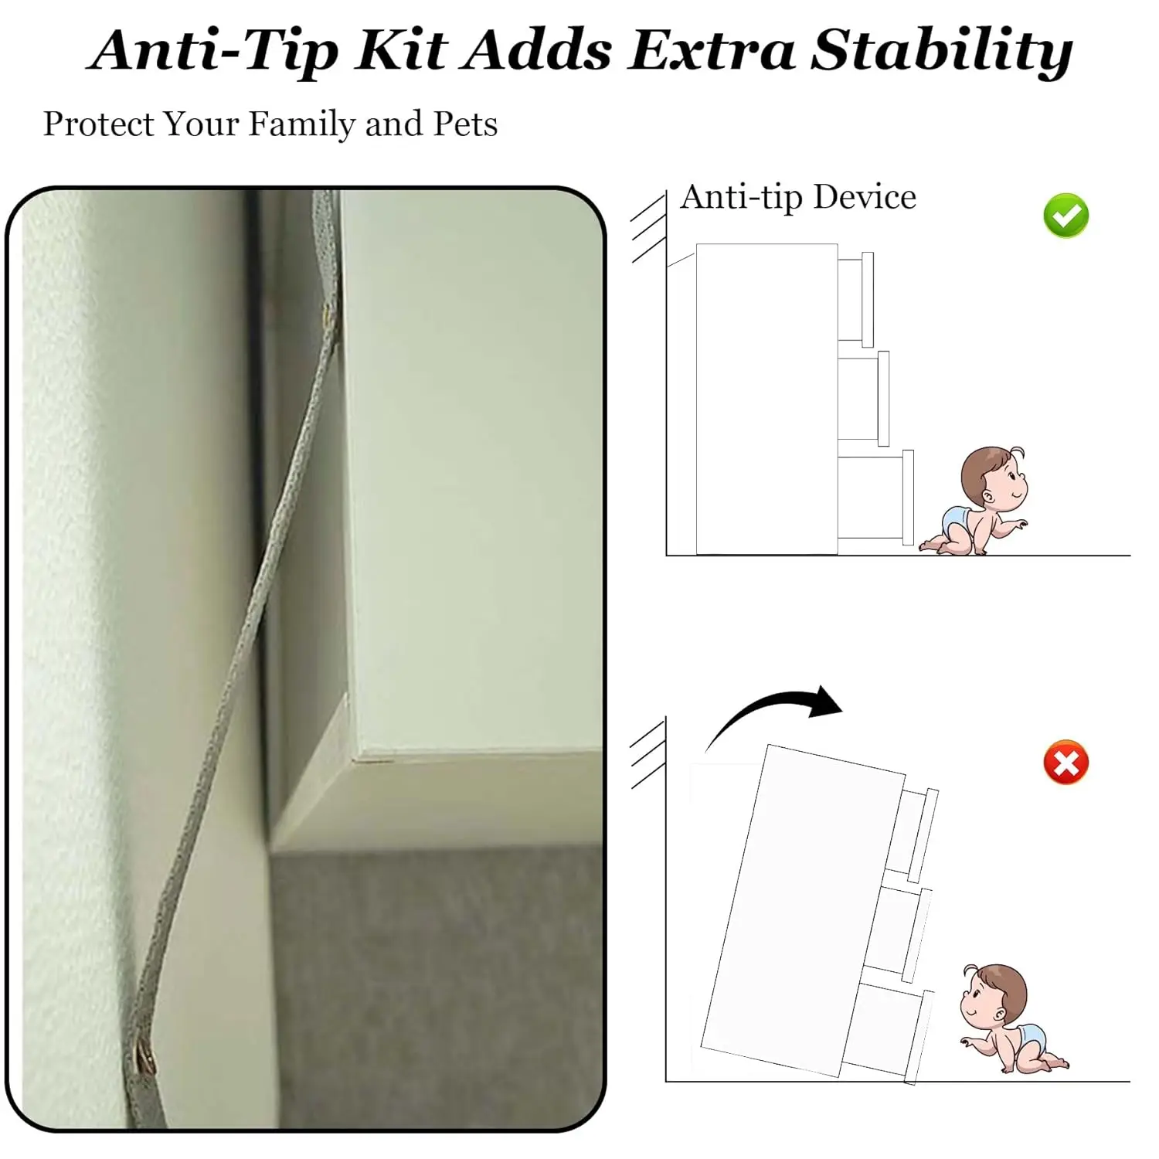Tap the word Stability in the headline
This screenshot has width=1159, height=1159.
pyautogui.click(x=942, y=52)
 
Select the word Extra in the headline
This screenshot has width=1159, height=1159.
pyautogui.click(x=712, y=52)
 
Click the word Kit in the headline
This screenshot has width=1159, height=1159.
pyautogui.click(x=402, y=52)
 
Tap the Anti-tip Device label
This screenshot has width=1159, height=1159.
pyautogui.click(x=798, y=198)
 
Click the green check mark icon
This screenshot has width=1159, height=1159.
pyautogui.click(x=1066, y=216)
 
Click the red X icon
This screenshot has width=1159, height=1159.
pyautogui.click(x=1066, y=763)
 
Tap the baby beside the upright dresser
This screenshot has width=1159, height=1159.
pyautogui.click(x=974, y=500)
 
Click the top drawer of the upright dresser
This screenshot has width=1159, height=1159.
pyautogui.click(x=855, y=300)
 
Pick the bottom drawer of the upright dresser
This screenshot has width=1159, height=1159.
pyautogui.click(x=875, y=498)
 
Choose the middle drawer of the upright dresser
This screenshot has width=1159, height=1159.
pyautogui.click(x=863, y=399)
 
